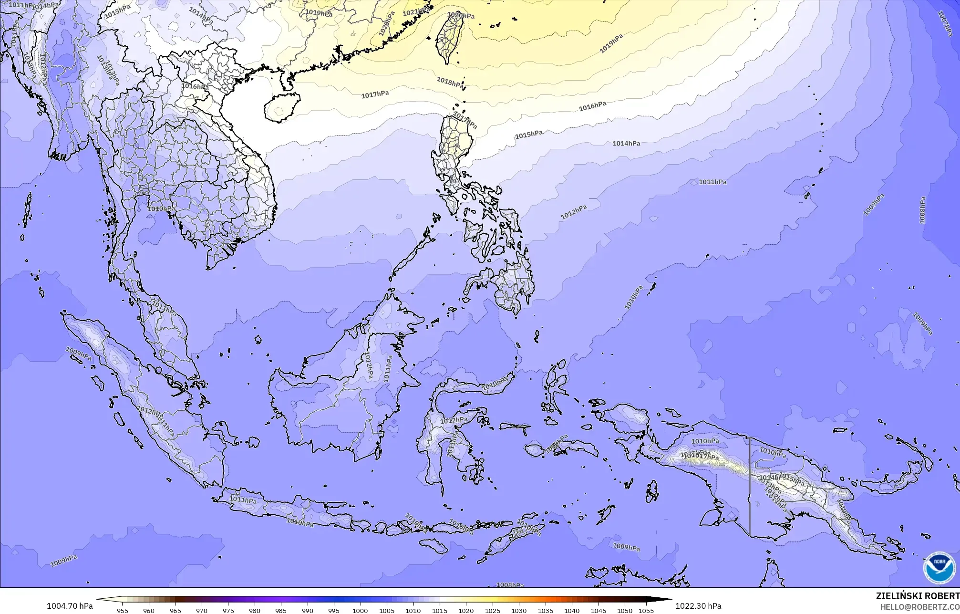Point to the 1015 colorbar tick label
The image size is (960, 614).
439,610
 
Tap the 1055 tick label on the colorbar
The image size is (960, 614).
646,610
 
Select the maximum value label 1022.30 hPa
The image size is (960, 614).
698,606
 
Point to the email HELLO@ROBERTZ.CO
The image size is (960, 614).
919,606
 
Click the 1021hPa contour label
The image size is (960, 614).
415,11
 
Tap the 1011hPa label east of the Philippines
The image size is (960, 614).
712,182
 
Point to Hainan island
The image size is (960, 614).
281,107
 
